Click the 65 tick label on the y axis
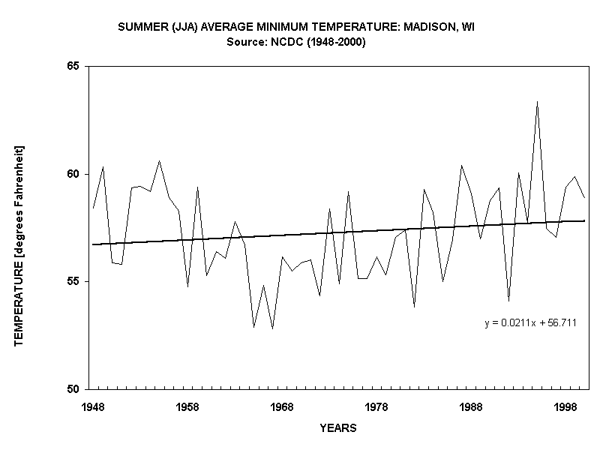pyautogui.click(x=73, y=67)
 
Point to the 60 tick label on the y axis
pyautogui.click(x=73, y=174)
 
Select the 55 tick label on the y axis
pyautogui.click(x=73, y=281)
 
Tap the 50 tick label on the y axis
pyautogui.click(x=73, y=389)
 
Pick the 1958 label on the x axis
pyautogui.click(x=187, y=406)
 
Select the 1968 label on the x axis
pyautogui.click(x=282, y=406)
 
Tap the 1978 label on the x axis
pyautogui.click(x=376, y=406)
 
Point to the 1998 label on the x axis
pyautogui.click(x=565, y=406)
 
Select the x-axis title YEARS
pyautogui.click(x=338, y=429)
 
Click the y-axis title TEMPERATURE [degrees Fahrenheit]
pyautogui.click(x=19, y=245)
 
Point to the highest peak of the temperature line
pyautogui.click(x=537, y=102)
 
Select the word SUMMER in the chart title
pyautogui.click(x=141, y=28)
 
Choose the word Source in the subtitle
pyautogui.click(x=245, y=43)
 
